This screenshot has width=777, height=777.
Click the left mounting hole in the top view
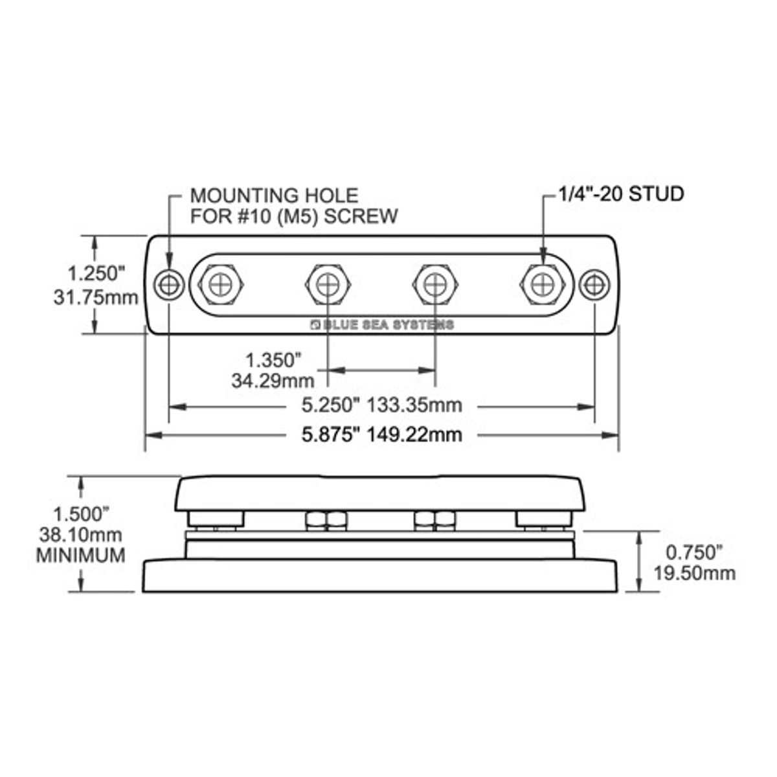pos(170,284)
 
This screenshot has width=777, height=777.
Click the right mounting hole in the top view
pos(594,284)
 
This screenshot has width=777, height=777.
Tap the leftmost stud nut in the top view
pos(221,284)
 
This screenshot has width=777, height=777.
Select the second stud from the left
pos(328,284)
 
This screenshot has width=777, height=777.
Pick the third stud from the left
pos(435,284)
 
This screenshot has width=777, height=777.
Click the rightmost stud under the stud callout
pos(542,284)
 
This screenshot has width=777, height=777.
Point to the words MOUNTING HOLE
pos(273,195)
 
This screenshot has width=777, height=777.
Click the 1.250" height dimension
pos(96,273)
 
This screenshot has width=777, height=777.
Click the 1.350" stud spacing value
pos(273,359)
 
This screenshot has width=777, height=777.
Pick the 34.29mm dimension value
pos(273,380)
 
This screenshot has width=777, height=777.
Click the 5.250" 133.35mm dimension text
pos(382,405)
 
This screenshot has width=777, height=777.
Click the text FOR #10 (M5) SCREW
pos(293,216)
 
